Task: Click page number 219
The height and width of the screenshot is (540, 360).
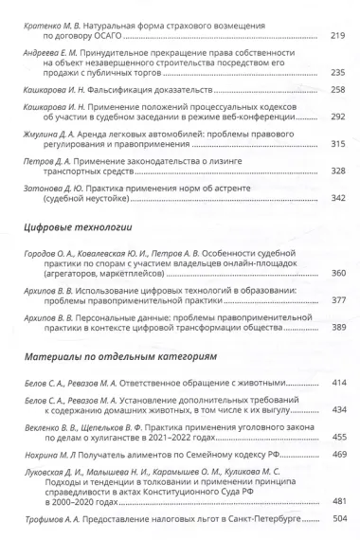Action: click(338, 35)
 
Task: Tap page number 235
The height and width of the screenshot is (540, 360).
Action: click(338, 72)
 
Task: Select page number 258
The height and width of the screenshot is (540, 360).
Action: click(338, 92)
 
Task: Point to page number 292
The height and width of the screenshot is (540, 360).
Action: click(338, 121)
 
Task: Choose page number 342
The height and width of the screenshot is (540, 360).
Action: click(338, 198)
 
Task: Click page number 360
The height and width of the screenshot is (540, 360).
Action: click(338, 273)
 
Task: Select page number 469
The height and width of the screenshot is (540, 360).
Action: click(338, 454)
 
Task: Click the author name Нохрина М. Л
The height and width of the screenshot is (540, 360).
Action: click(47, 455)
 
